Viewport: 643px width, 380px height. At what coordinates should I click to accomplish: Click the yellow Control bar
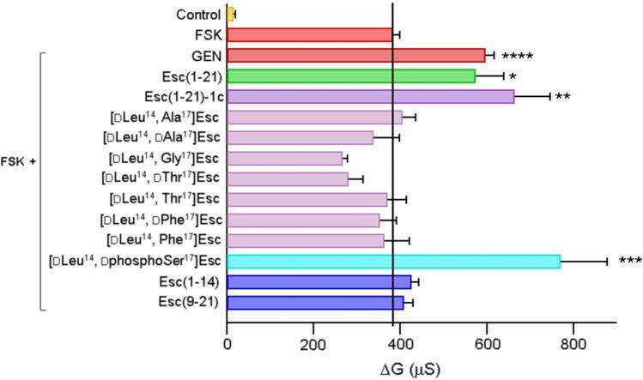coord(230,15)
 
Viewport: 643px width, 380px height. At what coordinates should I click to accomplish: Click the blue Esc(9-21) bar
coord(288,302)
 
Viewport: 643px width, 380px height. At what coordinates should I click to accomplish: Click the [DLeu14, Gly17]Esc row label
coord(165,158)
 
